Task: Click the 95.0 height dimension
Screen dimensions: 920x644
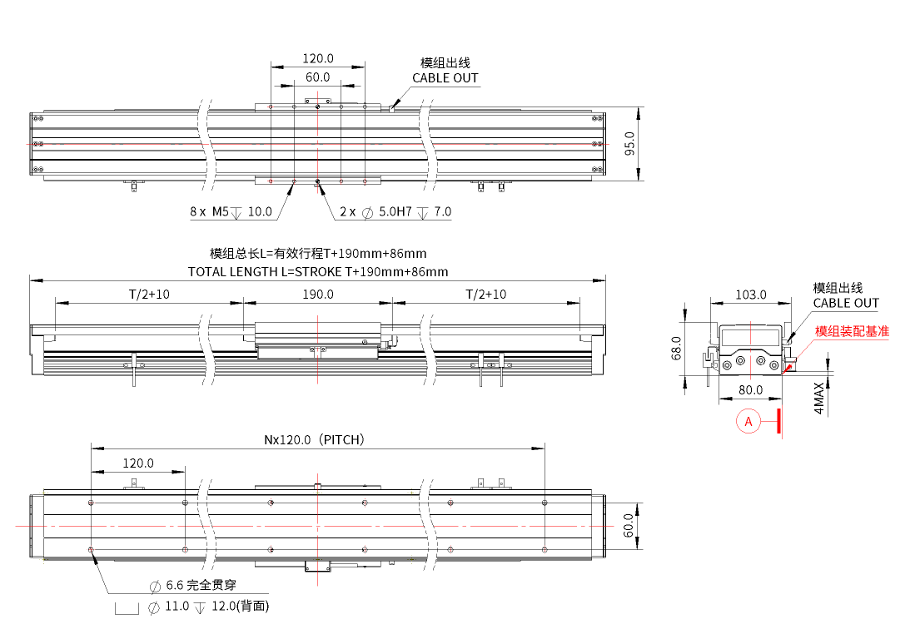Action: point(629,144)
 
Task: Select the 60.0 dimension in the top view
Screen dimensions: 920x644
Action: point(317,77)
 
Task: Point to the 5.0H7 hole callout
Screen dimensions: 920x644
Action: point(395,211)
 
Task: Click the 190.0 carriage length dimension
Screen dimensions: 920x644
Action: point(317,294)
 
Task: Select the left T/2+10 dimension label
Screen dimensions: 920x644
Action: point(149,294)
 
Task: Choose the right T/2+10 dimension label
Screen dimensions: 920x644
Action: point(486,294)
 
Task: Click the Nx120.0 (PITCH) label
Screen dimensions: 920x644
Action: point(315,440)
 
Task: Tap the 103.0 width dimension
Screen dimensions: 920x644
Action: point(751,295)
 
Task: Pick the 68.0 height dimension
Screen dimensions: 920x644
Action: point(677,349)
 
